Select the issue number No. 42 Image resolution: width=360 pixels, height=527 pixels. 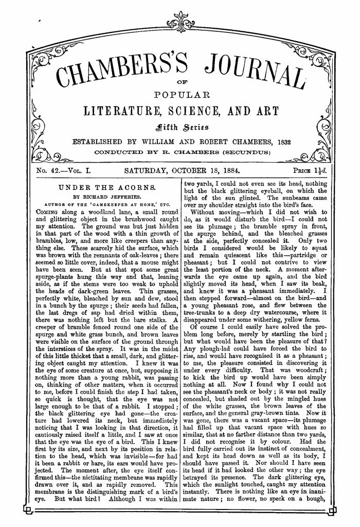click(x=51, y=168)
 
